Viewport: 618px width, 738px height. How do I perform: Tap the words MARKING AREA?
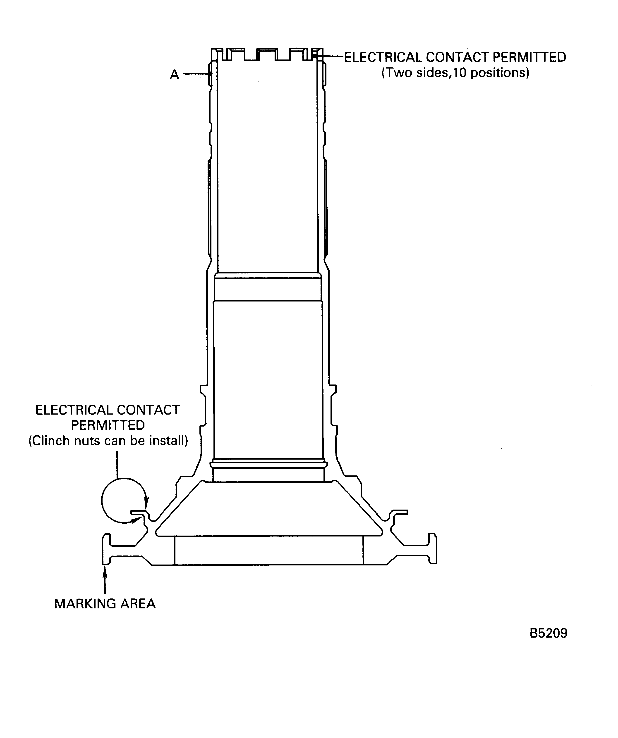[105, 603]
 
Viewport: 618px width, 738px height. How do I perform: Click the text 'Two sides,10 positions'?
[455, 73]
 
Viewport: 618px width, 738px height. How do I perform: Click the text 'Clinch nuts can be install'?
[108, 440]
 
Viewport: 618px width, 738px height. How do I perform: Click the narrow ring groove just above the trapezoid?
[269, 464]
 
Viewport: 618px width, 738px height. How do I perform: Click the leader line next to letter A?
[196, 74]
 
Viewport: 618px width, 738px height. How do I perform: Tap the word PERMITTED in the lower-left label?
[108, 425]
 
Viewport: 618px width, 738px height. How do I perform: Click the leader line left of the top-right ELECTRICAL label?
[331, 56]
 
